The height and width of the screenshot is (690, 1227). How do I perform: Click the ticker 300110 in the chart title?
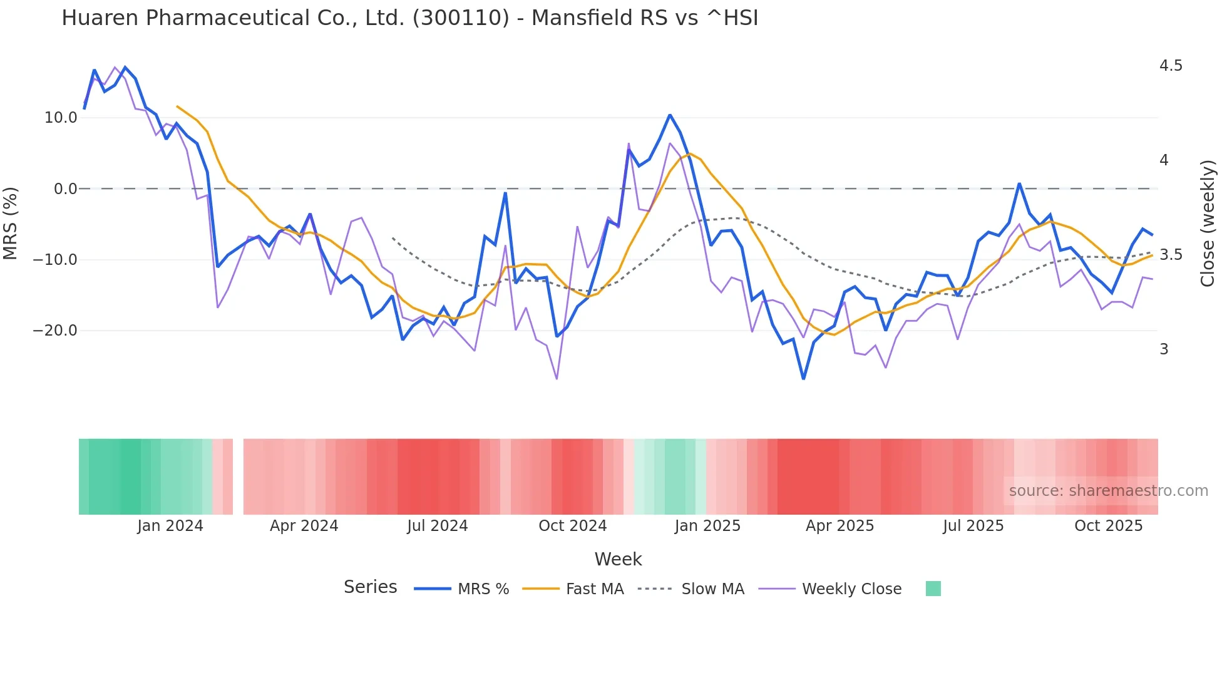point(461,18)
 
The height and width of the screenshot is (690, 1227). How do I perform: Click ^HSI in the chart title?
point(732,18)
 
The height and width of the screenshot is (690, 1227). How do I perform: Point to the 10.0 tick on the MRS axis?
point(61,118)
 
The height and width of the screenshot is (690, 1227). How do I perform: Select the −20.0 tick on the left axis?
point(55,331)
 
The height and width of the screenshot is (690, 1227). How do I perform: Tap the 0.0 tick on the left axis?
point(65,189)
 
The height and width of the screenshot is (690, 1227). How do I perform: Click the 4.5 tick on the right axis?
point(1171,66)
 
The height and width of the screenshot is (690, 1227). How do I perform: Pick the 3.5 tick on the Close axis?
point(1171,255)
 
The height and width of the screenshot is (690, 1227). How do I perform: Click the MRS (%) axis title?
point(11,224)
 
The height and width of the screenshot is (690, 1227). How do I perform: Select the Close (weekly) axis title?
point(1208,224)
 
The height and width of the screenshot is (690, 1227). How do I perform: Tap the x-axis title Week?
point(618,559)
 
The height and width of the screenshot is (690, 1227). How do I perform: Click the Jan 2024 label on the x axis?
point(170,526)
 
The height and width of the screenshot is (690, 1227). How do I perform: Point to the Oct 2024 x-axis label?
point(572,526)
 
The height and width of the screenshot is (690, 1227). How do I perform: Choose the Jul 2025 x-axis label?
point(973,526)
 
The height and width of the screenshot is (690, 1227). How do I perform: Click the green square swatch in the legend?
point(933,589)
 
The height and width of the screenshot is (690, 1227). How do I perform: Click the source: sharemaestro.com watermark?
point(1108,491)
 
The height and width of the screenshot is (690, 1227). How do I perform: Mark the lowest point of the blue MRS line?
point(803,378)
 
